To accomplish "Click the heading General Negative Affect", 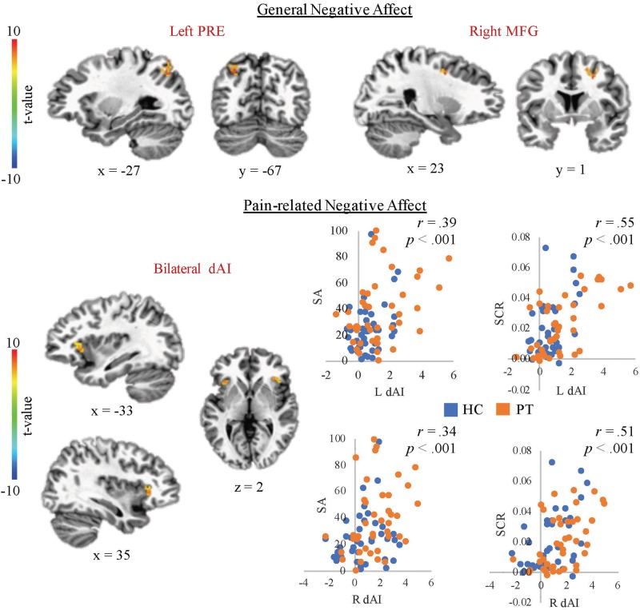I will point(320,10).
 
